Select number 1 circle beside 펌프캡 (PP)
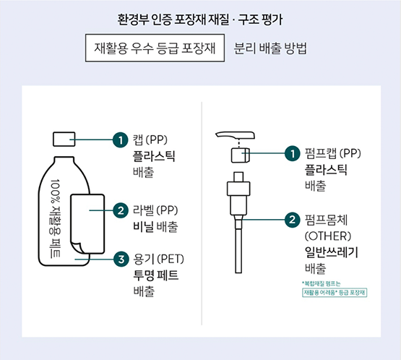[x=293, y=153]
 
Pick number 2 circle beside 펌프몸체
[x=293, y=220]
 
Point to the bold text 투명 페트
[x=155, y=275]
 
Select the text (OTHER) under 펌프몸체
[x=327, y=236]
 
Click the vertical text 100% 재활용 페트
[x=57, y=220]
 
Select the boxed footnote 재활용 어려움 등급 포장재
[x=335, y=292]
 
